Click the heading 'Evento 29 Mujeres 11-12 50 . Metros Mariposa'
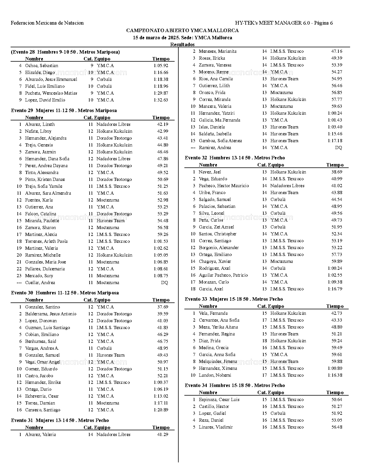click(64, 110)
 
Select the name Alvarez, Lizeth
click(40, 124)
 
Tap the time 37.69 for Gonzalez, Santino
click(163, 307)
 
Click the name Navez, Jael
click(210, 172)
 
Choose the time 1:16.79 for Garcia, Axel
click(335, 289)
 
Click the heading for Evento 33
click(234, 299)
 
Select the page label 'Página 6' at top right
click(323, 23)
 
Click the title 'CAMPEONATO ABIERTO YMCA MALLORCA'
click(182, 30)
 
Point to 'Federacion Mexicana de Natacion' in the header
click(47, 23)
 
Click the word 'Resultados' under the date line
click(182, 44)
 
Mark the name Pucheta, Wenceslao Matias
click(51, 93)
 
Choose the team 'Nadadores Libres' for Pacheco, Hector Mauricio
click(287, 185)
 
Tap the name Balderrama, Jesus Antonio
click(51, 314)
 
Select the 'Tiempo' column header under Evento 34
click(335, 392)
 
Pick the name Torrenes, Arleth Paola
click(46, 241)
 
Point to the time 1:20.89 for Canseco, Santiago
click(161, 410)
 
